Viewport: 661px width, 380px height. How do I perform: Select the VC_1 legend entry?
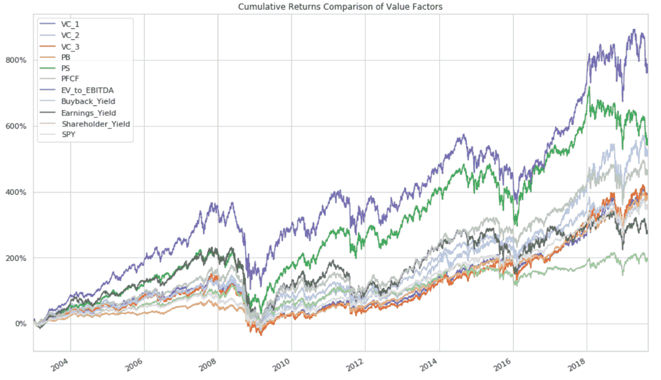(x=74, y=25)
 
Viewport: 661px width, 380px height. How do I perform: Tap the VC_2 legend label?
(x=74, y=36)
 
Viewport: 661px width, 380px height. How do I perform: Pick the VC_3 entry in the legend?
(x=74, y=47)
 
